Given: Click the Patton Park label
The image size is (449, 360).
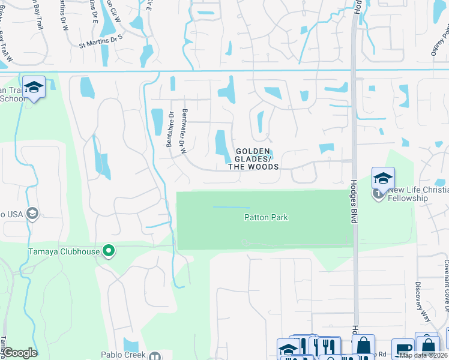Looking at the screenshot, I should [266, 217].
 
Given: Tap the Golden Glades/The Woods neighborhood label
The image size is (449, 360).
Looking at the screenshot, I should [253, 159].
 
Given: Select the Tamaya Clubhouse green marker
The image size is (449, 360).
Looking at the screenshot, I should [108, 250].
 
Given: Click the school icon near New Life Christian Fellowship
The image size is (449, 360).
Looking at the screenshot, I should [382, 179].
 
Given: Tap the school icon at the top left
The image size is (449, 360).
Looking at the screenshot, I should [34, 88].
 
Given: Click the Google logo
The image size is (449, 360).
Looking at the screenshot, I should [20, 353].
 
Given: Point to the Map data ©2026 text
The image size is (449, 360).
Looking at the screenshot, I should [424, 355].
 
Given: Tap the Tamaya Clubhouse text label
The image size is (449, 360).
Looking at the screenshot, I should [64, 251].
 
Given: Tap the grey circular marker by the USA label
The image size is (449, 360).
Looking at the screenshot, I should [32, 213].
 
